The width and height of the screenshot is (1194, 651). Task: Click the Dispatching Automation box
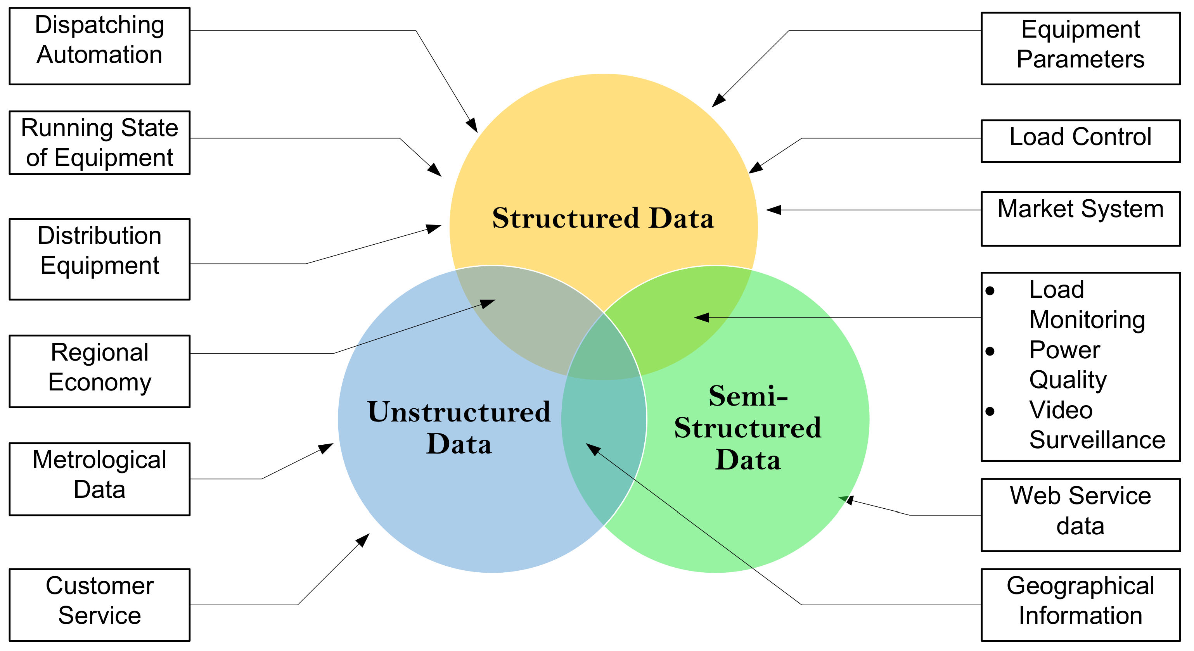pyautogui.click(x=99, y=46)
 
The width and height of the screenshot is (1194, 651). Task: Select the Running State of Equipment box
pyautogui.click(x=99, y=142)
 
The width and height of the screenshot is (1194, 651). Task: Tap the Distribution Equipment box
pyautogui.click(x=99, y=259)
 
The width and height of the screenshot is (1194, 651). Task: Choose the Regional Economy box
pyautogui.click(x=99, y=371)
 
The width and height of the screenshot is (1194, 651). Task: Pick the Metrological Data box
pyautogui.click(x=99, y=478)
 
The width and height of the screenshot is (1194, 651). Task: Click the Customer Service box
pyautogui.click(x=99, y=604)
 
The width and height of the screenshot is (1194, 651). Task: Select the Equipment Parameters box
pyautogui.click(x=1080, y=48)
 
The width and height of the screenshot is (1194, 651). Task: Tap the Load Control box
pyautogui.click(x=1080, y=141)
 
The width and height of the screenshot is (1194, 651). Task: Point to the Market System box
pyautogui.click(x=1080, y=218)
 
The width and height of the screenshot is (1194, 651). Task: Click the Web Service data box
pyautogui.click(x=1080, y=515)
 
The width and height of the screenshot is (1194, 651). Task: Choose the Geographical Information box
pyautogui.click(x=1080, y=604)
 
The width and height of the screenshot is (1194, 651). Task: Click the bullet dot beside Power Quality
pyautogui.click(x=990, y=351)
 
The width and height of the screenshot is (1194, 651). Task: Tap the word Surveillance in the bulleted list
pyautogui.click(x=1097, y=440)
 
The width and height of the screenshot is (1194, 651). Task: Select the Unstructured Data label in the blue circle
pyautogui.click(x=459, y=427)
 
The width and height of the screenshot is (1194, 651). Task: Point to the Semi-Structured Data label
pyautogui.click(x=748, y=427)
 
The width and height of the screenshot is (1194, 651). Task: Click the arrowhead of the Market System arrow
pyautogui.click(x=773, y=210)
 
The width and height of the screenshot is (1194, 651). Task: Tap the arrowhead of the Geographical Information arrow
pyautogui.click(x=592, y=448)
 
